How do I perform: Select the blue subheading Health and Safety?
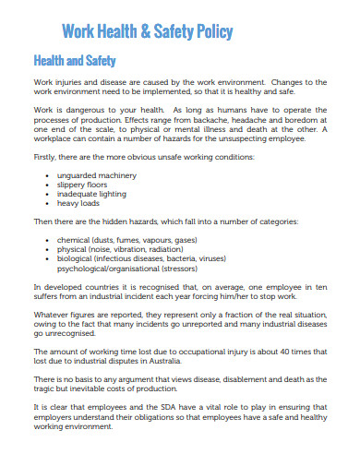point(74,62)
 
